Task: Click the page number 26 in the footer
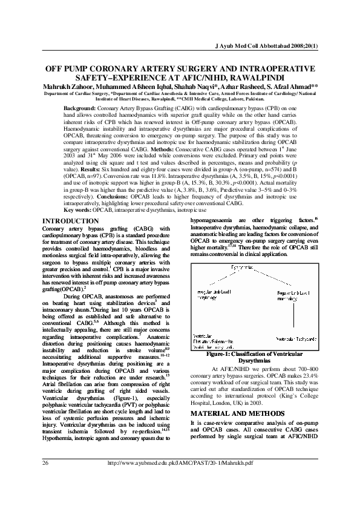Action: pyautogui.click(x=45, y=479)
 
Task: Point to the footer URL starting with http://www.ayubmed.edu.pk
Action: pyautogui.click(x=180, y=479)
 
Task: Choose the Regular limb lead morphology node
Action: pyautogui.click(x=288, y=294)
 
